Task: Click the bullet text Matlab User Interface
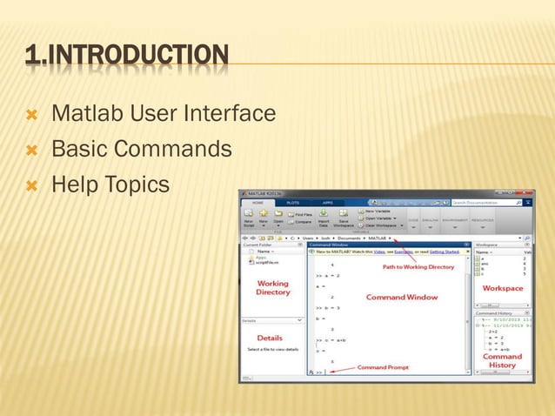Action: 164,114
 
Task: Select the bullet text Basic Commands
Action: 141,150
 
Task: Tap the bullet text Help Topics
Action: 110,185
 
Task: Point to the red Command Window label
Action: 401,298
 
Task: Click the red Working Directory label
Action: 272,288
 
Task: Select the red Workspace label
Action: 503,288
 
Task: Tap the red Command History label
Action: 502,360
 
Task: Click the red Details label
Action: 270,337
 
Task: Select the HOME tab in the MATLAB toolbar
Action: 258,202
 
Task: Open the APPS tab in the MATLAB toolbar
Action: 327,202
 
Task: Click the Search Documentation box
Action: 485,202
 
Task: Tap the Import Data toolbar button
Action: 323,218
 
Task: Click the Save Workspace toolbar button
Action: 344,218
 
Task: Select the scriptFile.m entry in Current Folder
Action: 264,263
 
